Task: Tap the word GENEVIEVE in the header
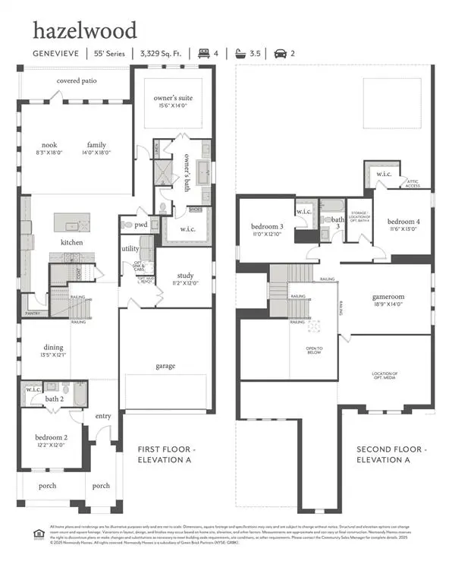point(55,53)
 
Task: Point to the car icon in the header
point(280,53)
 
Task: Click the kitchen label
point(72,242)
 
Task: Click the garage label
point(165,366)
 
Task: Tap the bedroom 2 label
point(52,437)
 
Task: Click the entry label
point(102,416)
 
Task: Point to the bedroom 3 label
point(267,226)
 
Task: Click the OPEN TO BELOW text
point(314,351)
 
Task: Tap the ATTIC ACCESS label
point(413,183)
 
